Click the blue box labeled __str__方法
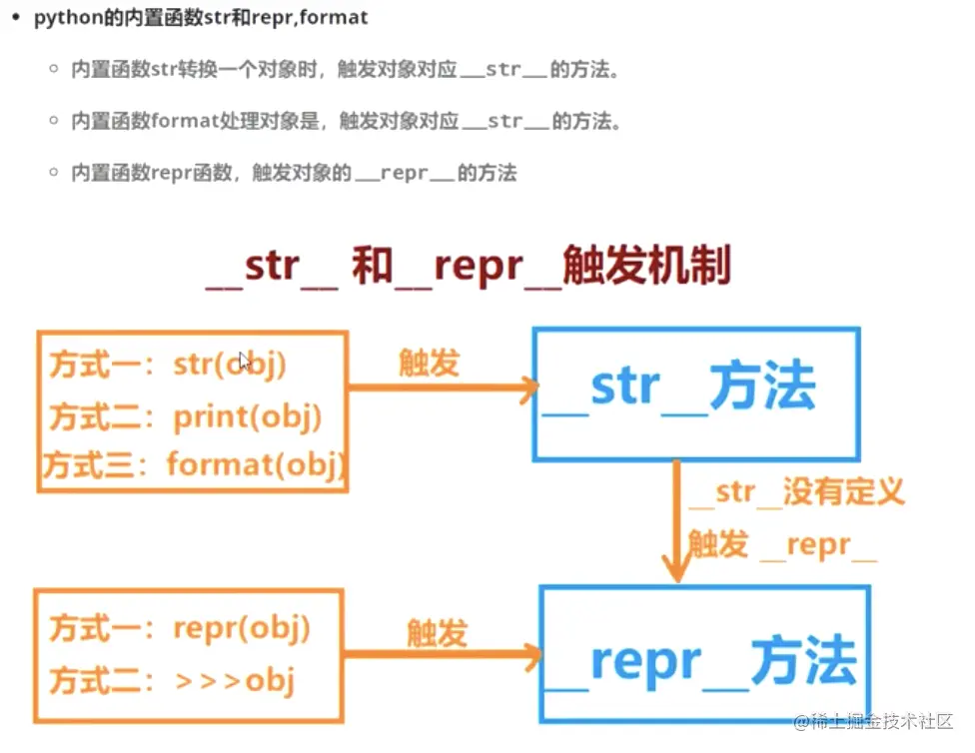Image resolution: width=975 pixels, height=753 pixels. [x=695, y=393]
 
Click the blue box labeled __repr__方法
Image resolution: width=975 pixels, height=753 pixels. [x=704, y=654]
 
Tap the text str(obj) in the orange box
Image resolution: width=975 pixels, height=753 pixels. [x=230, y=365]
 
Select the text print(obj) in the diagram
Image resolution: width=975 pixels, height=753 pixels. [x=248, y=416]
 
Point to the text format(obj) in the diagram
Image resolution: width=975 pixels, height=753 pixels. [x=256, y=464]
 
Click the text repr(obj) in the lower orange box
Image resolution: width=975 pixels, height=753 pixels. [x=242, y=629]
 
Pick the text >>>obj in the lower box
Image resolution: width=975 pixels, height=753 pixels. [x=234, y=681]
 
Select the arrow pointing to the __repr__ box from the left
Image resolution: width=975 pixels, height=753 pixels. [x=444, y=654]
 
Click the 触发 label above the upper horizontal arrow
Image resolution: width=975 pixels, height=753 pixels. [x=429, y=362]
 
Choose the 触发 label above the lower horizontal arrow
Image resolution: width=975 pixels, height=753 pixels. [x=437, y=631]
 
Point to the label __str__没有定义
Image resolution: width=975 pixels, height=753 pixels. [x=796, y=491]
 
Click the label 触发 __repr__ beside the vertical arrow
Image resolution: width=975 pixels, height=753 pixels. [x=782, y=544]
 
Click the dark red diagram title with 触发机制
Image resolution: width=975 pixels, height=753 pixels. [x=469, y=268]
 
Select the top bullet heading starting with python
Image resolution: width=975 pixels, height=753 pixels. [x=201, y=17]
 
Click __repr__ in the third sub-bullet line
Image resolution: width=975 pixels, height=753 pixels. [x=404, y=174]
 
